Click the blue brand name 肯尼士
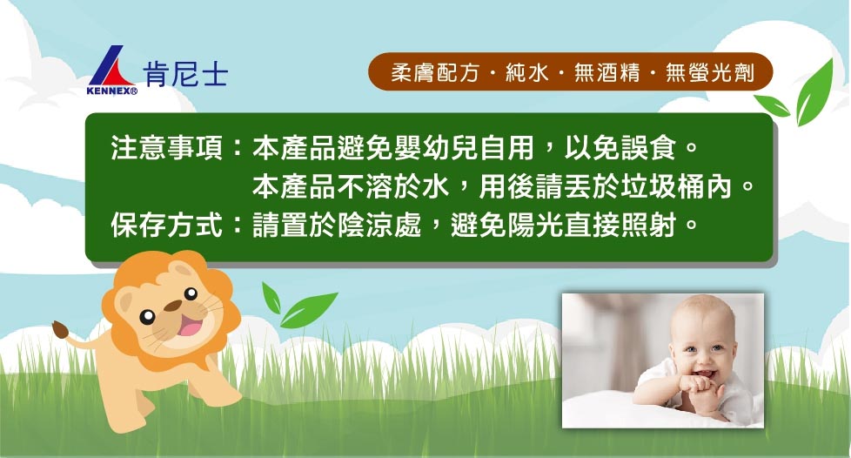coord(185,74)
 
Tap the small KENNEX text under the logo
coord(111,91)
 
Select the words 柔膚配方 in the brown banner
coord(435,72)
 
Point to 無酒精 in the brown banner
coord(607,72)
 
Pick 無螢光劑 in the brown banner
coord(710,72)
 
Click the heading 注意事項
coord(166,148)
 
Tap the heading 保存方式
coord(166,225)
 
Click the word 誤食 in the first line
coord(648,148)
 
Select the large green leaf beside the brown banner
coord(814,92)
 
